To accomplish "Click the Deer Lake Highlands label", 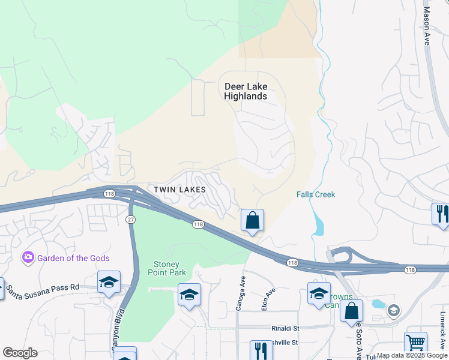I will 246,91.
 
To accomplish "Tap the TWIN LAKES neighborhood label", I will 179,190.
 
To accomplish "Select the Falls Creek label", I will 316,194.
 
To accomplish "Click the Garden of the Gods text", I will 73,258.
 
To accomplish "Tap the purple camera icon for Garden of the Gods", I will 28,257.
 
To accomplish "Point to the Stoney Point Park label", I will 167,268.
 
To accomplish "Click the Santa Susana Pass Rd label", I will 42,287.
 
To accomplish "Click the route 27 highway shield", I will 130,220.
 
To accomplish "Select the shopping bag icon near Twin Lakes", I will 253,220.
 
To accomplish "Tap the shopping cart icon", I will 415,343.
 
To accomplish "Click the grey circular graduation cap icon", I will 393,310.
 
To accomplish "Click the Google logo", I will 20,353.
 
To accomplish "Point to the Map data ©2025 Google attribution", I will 412,355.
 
